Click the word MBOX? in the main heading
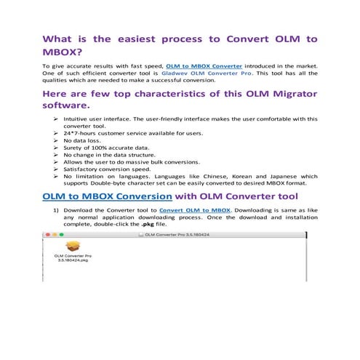61,53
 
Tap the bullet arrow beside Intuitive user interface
56,119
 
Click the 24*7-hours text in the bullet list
81,134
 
